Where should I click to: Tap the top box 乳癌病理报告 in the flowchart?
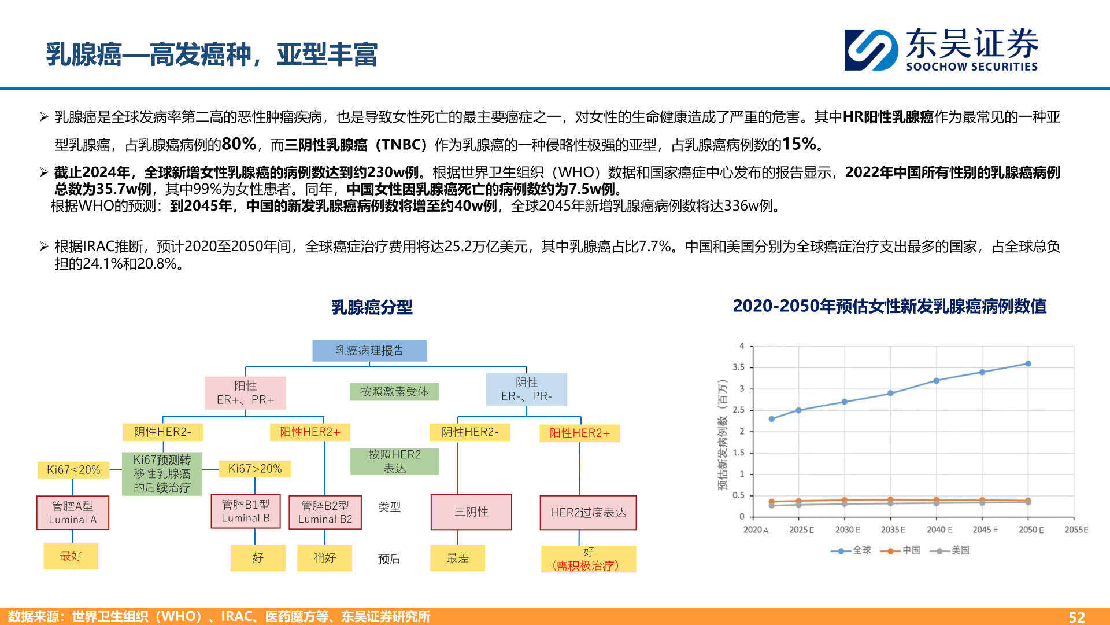[x=369, y=351]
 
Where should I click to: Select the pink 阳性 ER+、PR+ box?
[x=246, y=392]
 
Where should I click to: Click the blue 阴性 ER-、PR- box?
[x=526, y=389]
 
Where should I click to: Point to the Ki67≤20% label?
[x=73, y=469]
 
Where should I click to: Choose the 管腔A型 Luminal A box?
[x=72, y=512]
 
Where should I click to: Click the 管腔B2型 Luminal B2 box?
[x=325, y=512]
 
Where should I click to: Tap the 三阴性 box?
[x=471, y=512]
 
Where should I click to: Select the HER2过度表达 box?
[x=588, y=512]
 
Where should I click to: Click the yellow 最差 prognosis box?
[x=457, y=558]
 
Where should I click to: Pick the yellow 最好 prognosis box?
[x=71, y=556]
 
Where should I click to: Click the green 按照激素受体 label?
[x=394, y=392]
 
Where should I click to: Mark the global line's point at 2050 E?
[x=1028, y=364]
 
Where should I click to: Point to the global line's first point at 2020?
[x=771, y=419]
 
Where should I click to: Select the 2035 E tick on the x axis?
[x=893, y=530]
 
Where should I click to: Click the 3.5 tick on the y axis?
[x=738, y=367]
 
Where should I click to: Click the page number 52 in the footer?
[x=1076, y=617]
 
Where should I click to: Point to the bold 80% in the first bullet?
[x=239, y=144]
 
